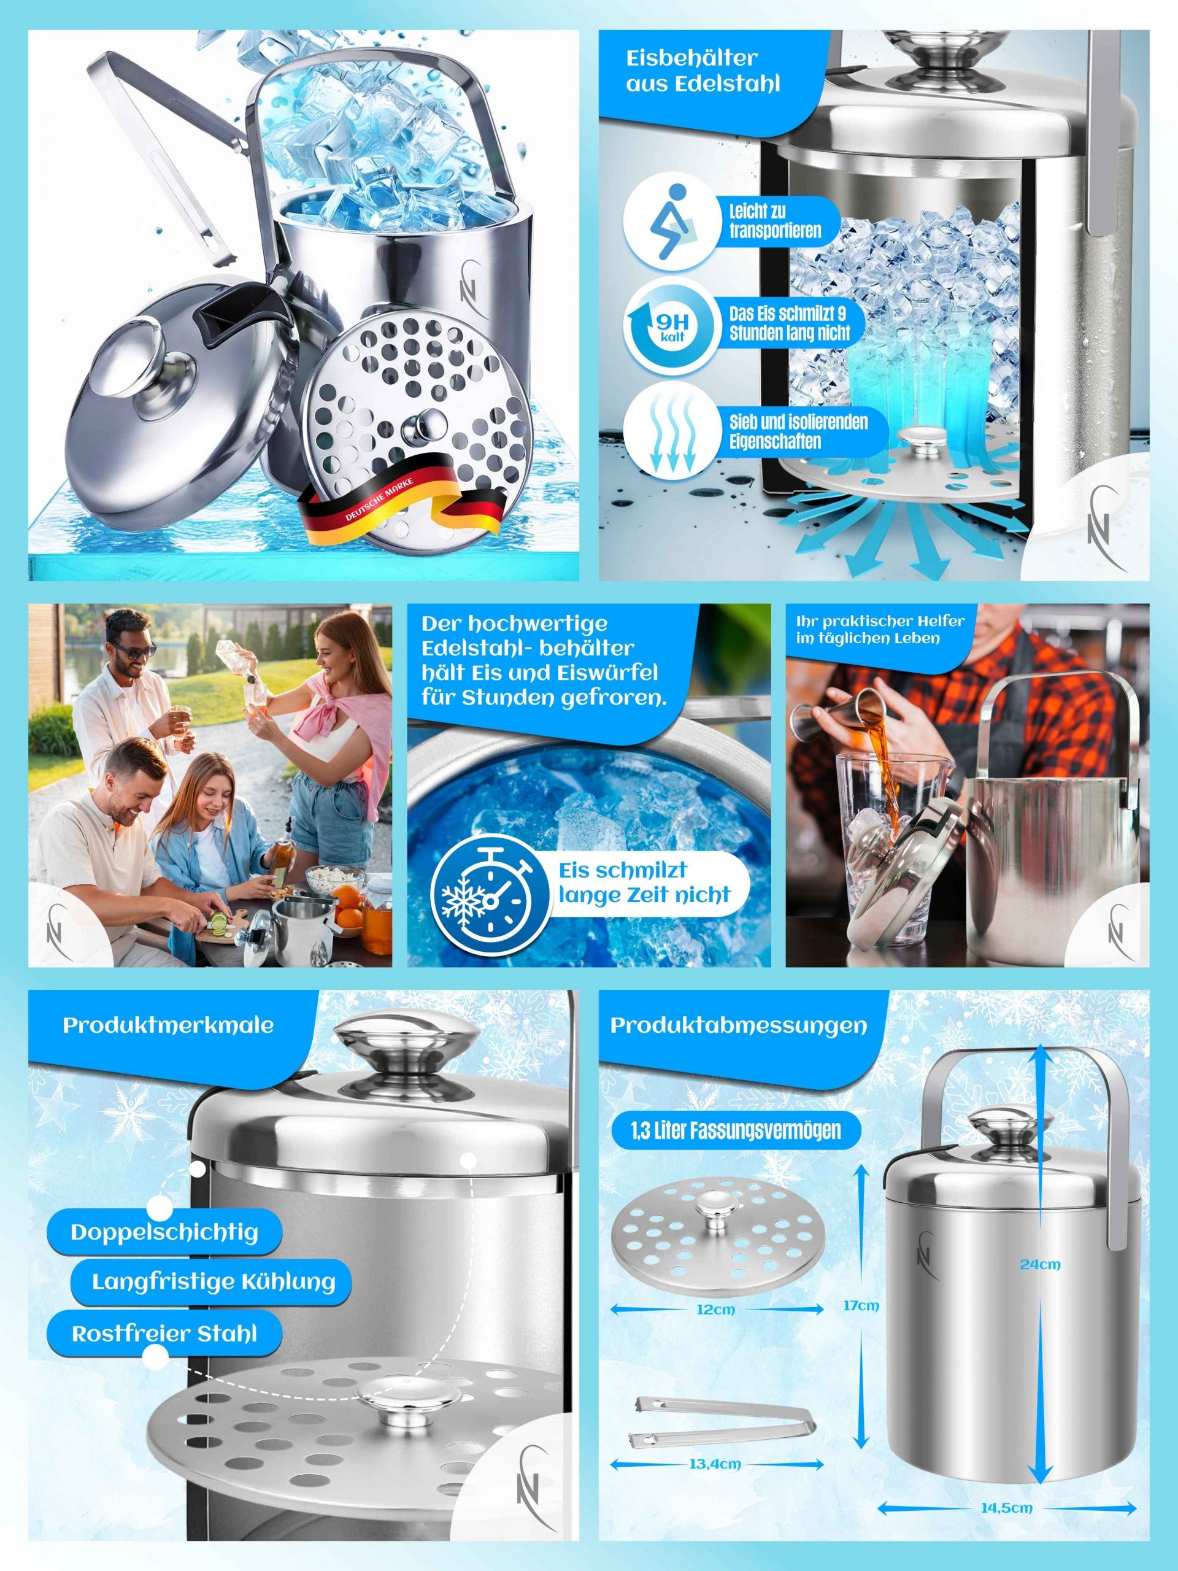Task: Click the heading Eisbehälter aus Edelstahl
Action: pyautogui.click(x=703, y=71)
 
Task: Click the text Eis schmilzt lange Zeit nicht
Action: pyautogui.click(x=644, y=882)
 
